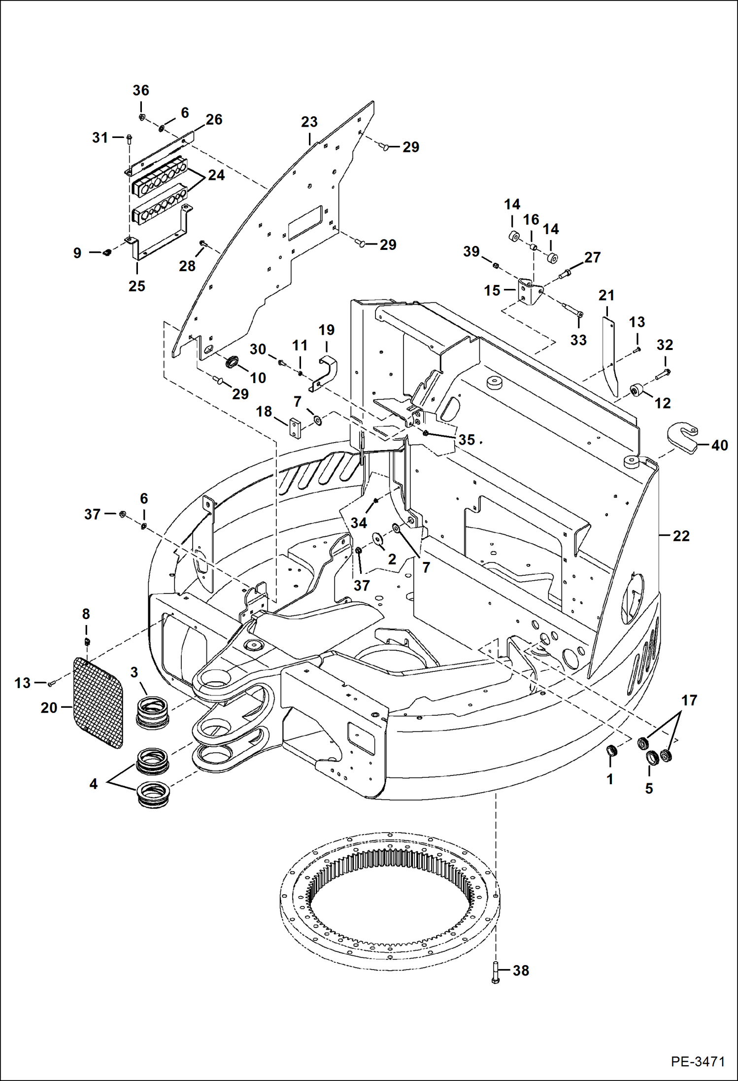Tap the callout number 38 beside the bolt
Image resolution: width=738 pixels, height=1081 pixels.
[521, 970]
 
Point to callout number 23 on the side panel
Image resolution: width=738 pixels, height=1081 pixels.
[309, 122]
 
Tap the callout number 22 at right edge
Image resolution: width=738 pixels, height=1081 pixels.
[681, 536]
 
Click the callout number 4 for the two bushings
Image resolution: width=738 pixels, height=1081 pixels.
[94, 783]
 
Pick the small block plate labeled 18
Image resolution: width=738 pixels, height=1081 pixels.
[295, 428]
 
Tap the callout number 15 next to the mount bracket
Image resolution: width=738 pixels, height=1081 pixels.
[492, 290]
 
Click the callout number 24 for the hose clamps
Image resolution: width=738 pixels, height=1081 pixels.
[216, 175]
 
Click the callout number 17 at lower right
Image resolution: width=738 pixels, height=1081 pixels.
[689, 700]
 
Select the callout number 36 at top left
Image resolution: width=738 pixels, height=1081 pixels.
[141, 90]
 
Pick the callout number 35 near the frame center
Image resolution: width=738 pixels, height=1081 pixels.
[466, 439]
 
